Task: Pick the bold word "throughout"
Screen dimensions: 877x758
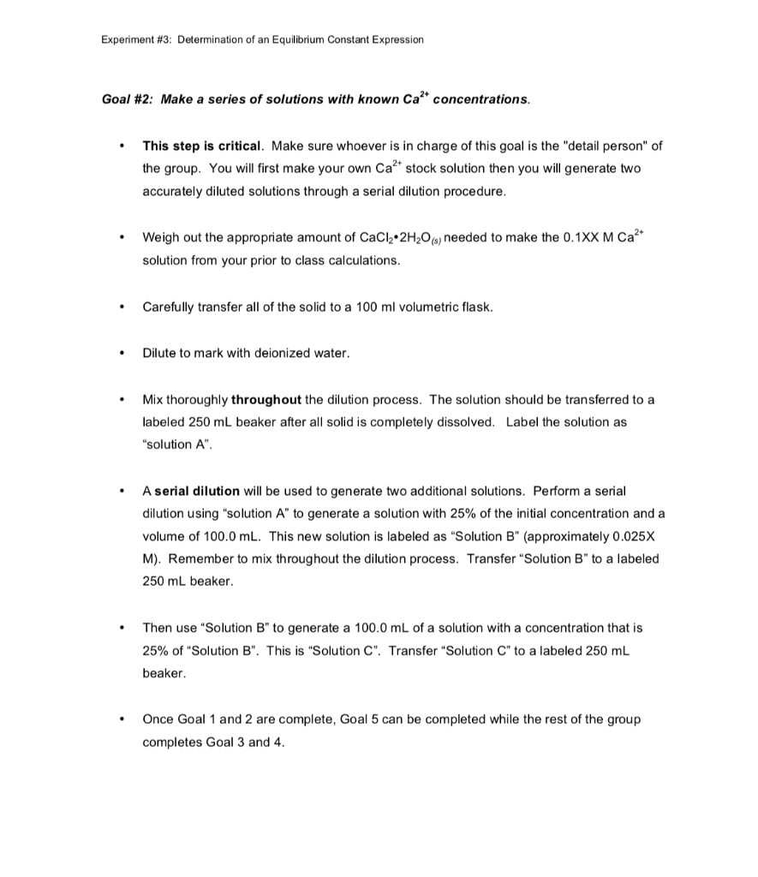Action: click(266, 399)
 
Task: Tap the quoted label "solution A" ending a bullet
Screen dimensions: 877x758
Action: click(174, 444)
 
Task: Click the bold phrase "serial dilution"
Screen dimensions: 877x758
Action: click(197, 491)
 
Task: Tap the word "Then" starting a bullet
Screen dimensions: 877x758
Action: click(158, 628)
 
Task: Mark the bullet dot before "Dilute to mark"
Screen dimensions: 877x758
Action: click(125, 353)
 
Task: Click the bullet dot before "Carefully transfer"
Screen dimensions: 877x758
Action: click(125, 307)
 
